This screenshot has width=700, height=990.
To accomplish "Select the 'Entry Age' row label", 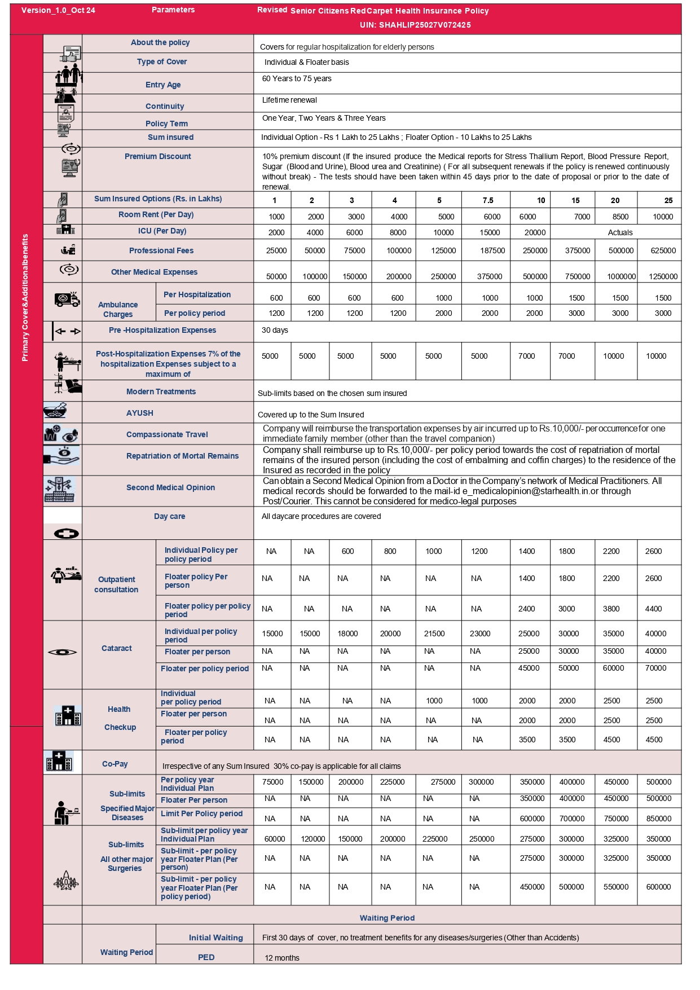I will [163, 85].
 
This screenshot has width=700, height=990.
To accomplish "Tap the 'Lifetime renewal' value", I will [289, 100].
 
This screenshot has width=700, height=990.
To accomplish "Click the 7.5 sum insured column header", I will [488, 200].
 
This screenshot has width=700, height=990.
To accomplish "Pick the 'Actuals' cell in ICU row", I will [620, 232].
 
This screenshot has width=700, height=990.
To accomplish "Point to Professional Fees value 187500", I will [492, 250].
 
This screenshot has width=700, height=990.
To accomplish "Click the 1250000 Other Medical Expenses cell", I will [663, 276].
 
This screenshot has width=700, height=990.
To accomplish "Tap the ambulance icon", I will [67, 299].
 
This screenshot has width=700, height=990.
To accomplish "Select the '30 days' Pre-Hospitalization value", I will [275, 330].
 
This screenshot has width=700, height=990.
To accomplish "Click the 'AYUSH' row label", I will [140, 413].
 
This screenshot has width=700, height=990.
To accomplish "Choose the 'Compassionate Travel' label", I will [167, 434].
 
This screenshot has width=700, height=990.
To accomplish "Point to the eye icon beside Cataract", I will [62, 652].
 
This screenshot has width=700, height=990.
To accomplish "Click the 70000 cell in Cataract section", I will [655, 668].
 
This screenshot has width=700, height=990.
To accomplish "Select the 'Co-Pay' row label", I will [115, 764].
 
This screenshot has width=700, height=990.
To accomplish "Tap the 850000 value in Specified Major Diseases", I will [658, 819].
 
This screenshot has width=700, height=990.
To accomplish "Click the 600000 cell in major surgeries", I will [658, 887].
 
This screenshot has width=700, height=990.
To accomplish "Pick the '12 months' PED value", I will [282, 958].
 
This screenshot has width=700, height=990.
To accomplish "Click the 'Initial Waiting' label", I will [215, 938].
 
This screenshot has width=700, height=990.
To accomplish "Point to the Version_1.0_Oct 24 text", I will [58, 10].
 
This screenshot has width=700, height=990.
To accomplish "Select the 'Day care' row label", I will [169, 516].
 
